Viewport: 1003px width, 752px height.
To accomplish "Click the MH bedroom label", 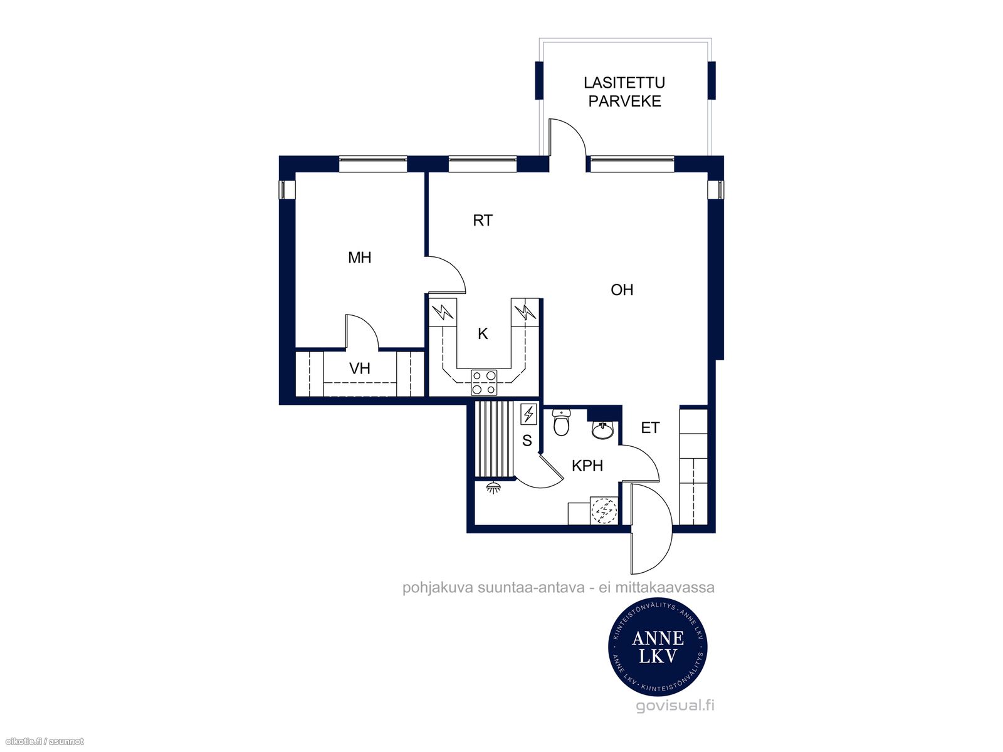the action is tap(359, 258).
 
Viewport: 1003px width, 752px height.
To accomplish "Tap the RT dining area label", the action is tap(483, 221).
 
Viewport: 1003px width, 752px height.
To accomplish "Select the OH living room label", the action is tap(621, 290).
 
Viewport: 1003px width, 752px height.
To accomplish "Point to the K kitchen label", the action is tap(483, 334).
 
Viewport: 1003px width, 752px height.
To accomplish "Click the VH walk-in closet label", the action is tap(359, 368).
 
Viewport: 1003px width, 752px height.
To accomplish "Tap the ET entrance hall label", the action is tap(650, 428).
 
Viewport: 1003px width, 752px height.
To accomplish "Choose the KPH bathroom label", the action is tap(587, 466).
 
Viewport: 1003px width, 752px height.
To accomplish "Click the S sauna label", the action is tap(527, 441).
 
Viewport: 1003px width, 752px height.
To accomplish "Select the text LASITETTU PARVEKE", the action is tap(624, 91).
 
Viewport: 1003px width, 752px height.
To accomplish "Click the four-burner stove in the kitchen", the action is tap(484, 383).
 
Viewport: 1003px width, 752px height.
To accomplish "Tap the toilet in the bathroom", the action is tap(560, 422).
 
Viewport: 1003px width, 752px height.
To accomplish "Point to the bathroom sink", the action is tap(603, 430).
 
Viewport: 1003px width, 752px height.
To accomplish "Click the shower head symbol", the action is tap(493, 488).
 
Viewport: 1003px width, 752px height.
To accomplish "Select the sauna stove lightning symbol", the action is tap(528, 415).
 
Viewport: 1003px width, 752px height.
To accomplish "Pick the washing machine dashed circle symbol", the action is tap(604, 510).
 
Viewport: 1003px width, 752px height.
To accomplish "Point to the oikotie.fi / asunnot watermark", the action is tap(43, 742).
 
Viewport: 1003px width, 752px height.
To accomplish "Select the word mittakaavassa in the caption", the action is tap(665, 588).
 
